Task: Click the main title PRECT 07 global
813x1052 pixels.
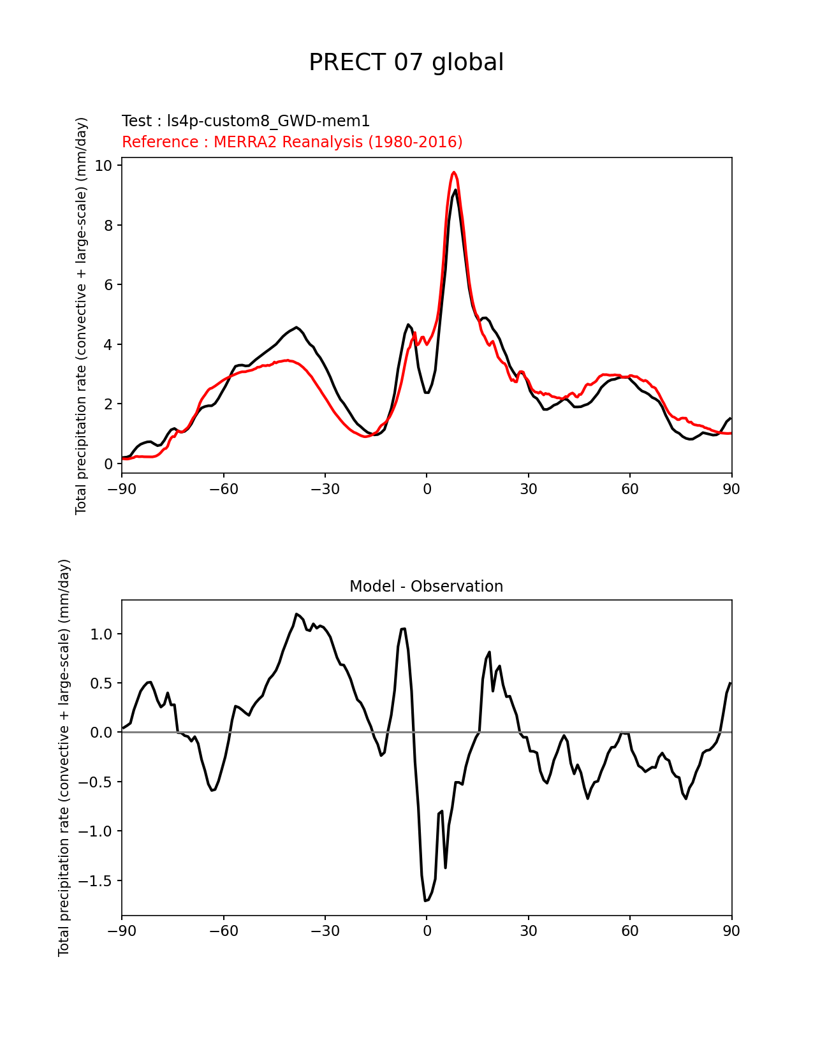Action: [406, 62]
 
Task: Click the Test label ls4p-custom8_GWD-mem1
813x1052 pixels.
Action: [245, 121]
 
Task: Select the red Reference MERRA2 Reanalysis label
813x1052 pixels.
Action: [292, 142]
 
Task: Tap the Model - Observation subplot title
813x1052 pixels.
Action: [426, 587]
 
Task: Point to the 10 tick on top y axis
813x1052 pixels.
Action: [103, 166]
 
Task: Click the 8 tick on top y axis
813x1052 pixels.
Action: [107, 226]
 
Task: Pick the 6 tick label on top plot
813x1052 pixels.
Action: [107, 285]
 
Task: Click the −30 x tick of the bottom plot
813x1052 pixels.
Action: [325, 931]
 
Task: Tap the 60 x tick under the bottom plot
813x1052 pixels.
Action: [629, 931]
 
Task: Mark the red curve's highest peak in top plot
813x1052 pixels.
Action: [454, 172]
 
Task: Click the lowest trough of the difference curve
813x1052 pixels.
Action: [425, 900]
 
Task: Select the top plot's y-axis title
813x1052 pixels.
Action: [81, 316]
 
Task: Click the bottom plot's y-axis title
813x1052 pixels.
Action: [64, 757]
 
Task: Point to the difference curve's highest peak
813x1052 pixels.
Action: [297, 614]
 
